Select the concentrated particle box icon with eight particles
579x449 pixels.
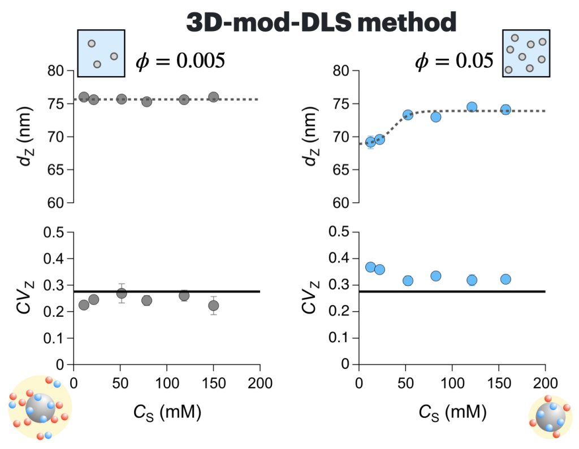click(526, 53)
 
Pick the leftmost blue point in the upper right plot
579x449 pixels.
click(370, 141)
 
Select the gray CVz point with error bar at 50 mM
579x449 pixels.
click(121, 293)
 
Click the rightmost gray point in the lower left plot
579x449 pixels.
click(213, 306)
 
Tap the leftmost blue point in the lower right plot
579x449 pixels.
click(370, 267)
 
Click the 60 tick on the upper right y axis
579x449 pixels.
click(343, 203)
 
